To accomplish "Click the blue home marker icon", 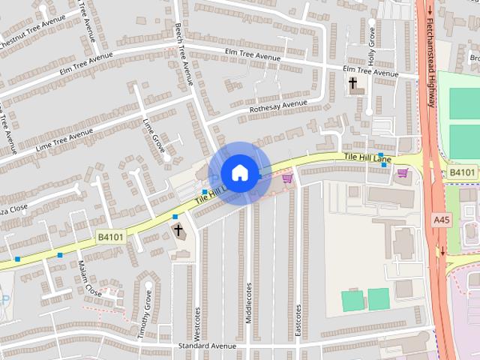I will [x=239, y=172].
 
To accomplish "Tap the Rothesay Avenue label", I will [x=278, y=107].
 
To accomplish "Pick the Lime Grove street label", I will [x=154, y=136].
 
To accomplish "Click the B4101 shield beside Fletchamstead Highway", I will [x=463, y=172].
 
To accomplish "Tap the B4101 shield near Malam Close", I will [x=109, y=236].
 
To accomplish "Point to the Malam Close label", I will [x=89, y=277].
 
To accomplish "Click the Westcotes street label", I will [x=197, y=322].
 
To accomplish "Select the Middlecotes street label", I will [x=248, y=303].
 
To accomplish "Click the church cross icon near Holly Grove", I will [x=352, y=82].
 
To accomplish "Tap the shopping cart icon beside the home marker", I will [x=286, y=178].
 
